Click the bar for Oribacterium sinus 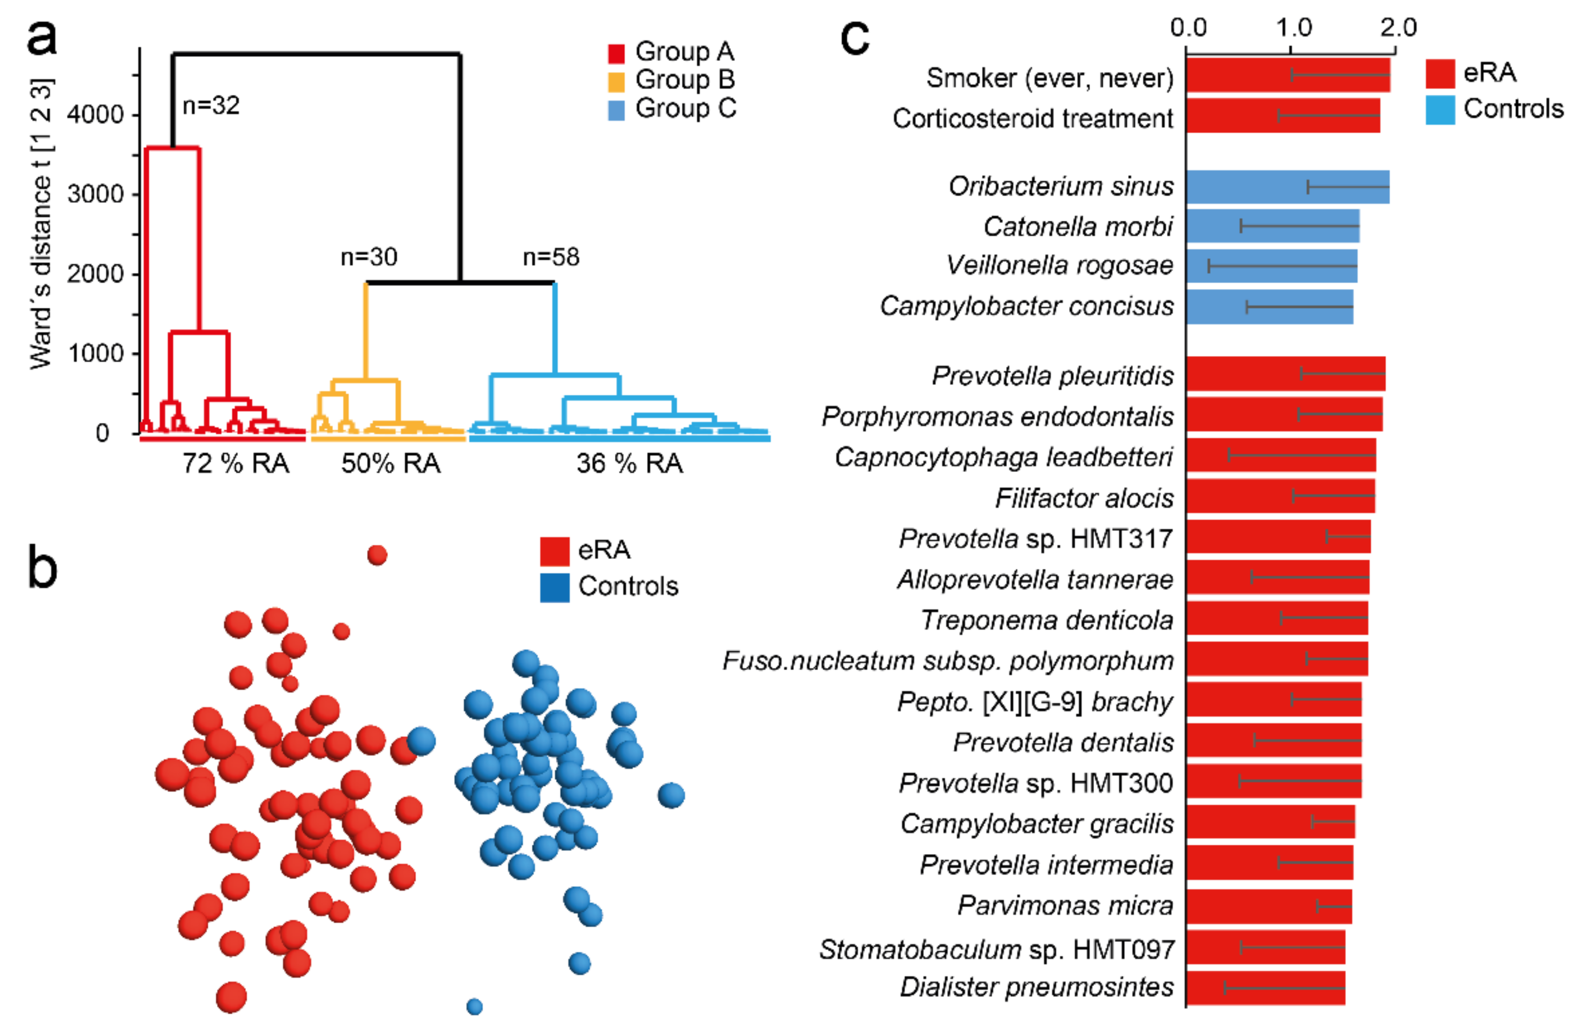pos(1287,186)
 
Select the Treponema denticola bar pos(1276,619)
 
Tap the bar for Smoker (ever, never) pos(1287,75)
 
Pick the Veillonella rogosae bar pos(1271,266)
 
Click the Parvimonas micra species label pos(1065,905)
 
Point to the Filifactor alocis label pos(1084,498)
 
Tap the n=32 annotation pos(211,105)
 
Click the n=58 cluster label pos(551,257)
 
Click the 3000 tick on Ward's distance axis pos(95,194)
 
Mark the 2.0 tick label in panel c pos(1398,28)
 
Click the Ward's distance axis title pos(41,223)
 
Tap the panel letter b pos(42,568)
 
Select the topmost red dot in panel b pos(377,555)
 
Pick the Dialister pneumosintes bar pos(1265,988)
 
